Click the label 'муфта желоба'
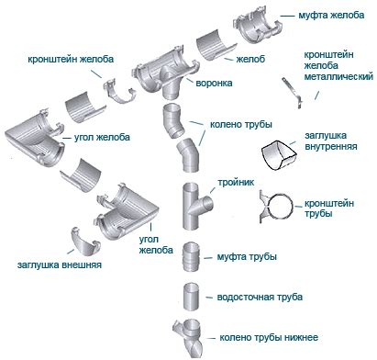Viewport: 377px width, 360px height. [x=331, y=16]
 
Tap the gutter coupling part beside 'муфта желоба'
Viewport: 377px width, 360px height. [x=257, y=26]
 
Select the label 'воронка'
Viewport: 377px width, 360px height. [x=214, y=83]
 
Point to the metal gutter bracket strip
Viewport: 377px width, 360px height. [x=293, y=93]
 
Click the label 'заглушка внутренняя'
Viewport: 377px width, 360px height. [x=330, y=141]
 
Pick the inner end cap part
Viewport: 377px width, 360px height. [x=279, y=155]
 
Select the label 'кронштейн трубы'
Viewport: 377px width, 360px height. [x=329, y=208]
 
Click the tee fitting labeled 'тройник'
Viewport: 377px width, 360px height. [x=196, y=206]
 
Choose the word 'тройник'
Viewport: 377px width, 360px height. [x=236, y=183]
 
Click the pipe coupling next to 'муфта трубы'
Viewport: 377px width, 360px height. [x=192, y=256]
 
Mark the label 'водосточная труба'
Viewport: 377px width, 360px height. [x=260, y=298]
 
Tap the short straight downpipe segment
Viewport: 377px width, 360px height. [x=192, y=297]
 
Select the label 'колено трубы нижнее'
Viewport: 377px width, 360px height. [x=269, y=338]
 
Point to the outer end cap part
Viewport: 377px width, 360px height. [x=84, y=242]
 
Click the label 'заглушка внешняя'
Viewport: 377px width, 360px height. [x=60, y=264]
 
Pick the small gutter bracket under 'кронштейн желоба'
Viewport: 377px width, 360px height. [x=119, y=91]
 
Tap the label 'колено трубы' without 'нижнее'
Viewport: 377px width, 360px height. [x=241, y=125]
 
